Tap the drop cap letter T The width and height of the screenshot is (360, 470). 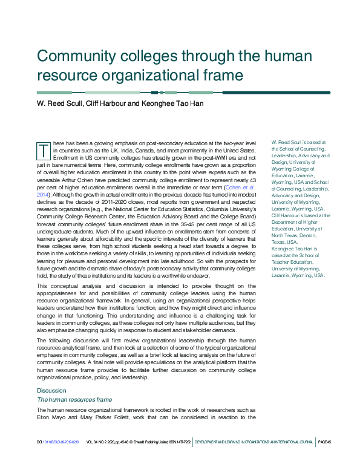44,149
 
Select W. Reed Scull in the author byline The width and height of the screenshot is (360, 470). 59,103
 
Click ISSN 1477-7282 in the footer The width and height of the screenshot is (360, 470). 177,443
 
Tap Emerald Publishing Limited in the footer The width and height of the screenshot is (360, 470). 146,443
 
